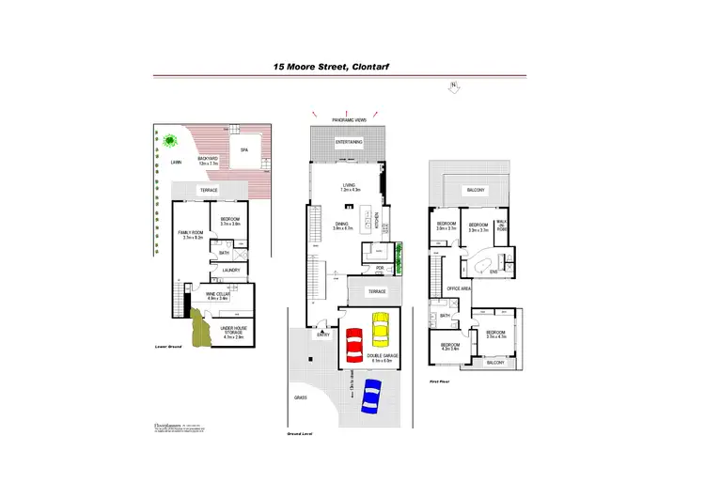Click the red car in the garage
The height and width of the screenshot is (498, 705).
354,345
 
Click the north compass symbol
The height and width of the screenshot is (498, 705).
454,87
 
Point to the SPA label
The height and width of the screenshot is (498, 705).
244,150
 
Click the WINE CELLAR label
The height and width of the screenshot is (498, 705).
218,295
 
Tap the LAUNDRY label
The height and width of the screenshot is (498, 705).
231,272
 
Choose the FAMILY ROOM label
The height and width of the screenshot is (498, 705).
190,231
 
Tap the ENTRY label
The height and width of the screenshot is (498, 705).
322,335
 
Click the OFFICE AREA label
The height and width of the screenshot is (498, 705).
459,289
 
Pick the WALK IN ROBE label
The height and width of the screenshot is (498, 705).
501,226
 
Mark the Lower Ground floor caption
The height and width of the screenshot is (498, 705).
167,347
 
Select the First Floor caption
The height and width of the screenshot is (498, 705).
441,381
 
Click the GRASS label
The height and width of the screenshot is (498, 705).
301,397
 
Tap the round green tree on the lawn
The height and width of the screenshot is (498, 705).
170,141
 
